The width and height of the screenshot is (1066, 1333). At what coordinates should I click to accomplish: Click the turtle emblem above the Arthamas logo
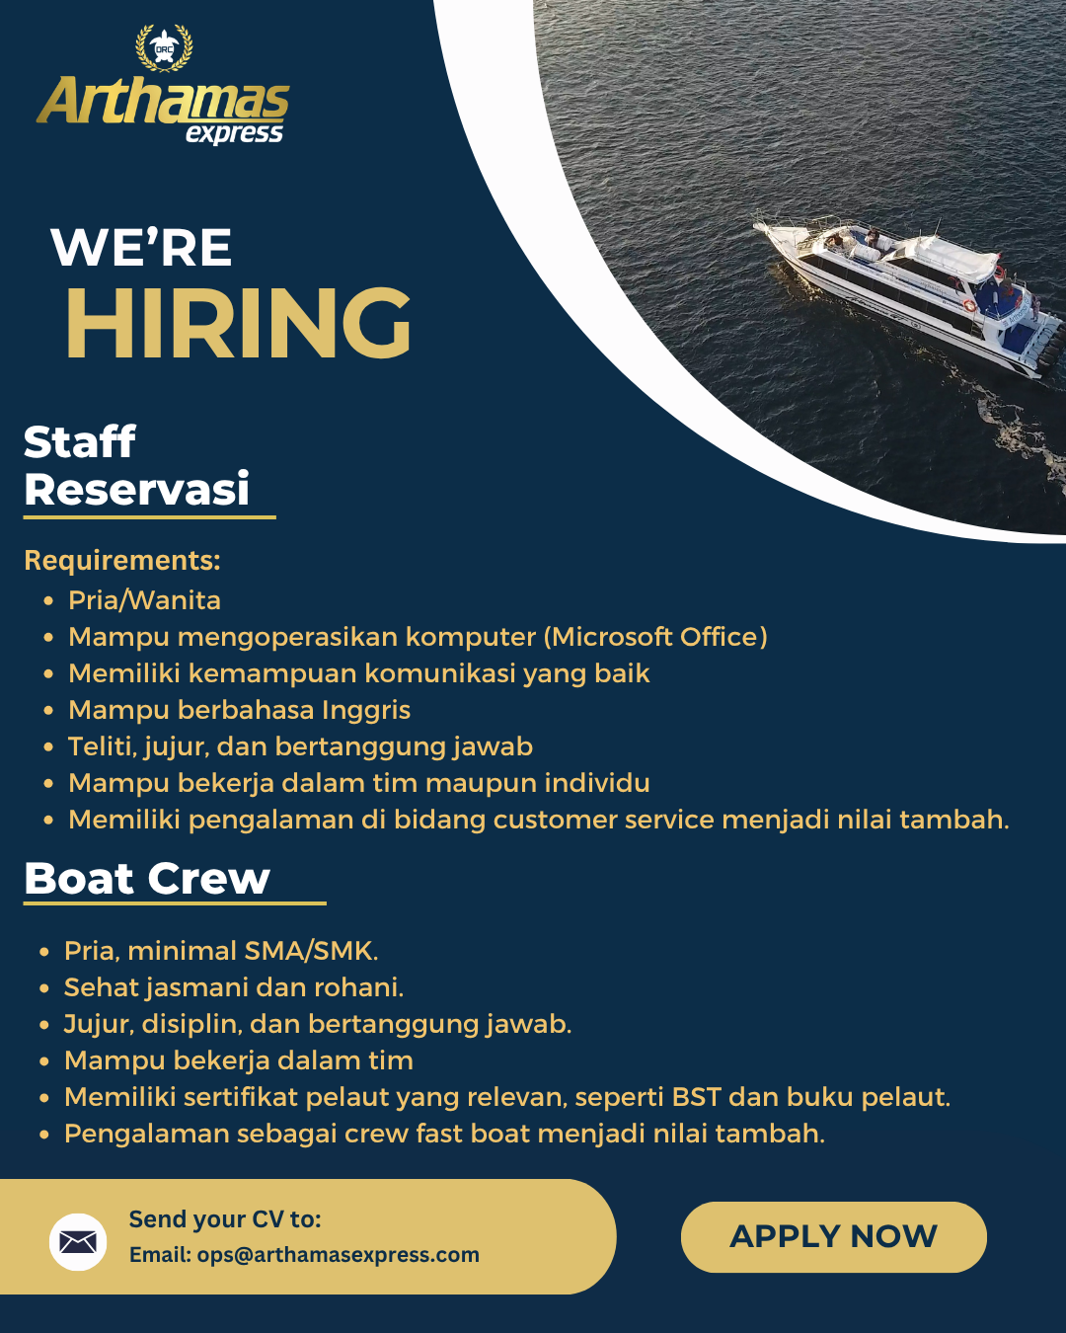point(164,47)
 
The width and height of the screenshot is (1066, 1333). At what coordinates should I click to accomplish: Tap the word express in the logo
point(235,133)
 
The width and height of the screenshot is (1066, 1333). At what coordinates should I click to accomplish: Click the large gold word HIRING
point(239,323)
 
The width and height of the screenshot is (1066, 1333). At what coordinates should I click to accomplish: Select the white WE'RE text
point(141,247)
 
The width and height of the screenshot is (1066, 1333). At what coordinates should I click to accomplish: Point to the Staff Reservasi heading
point(136,466)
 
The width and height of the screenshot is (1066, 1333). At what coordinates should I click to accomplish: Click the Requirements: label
point(122,560)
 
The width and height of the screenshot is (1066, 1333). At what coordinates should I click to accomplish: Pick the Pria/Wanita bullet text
point(144,600)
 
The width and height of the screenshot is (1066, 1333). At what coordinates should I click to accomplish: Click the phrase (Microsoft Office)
point(656,637)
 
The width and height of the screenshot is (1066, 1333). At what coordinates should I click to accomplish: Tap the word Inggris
point(366,710)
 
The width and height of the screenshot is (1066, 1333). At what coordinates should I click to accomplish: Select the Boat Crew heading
point(147,879)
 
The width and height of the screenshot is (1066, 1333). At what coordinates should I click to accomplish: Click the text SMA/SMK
point(311,951)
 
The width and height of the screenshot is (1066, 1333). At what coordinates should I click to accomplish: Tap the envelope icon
point(78,1242)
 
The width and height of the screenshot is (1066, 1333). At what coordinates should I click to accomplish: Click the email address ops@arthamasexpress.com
point(339,1254)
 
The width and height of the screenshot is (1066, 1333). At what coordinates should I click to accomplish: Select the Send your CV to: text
point(225,1219)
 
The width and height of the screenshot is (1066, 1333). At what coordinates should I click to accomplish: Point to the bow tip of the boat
point(754,225)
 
